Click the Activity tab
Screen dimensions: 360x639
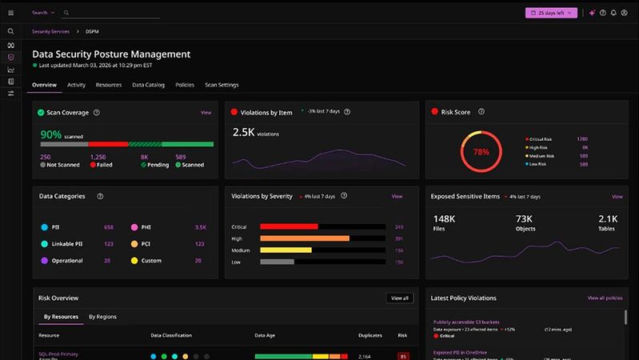click(77, 84)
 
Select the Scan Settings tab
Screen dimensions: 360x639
click(222, 84)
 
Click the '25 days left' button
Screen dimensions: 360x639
click(551, 13)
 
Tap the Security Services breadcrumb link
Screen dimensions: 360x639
click(50, 31)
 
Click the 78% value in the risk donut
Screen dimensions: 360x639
click(481, 151)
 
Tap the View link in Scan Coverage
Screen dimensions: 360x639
click(206, 113)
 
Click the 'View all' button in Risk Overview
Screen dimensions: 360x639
click(399, 298)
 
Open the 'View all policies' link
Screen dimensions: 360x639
click(605, 298)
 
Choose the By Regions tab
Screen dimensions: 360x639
click(102, 317)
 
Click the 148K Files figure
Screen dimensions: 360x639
click(444, 218)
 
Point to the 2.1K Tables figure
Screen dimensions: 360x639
click(608, 218)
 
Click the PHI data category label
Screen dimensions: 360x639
click(146, 227)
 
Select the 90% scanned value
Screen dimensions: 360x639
click(51, 134)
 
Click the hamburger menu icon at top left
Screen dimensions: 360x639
click(10, 13)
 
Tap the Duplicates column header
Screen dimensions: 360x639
click(370, 335)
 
